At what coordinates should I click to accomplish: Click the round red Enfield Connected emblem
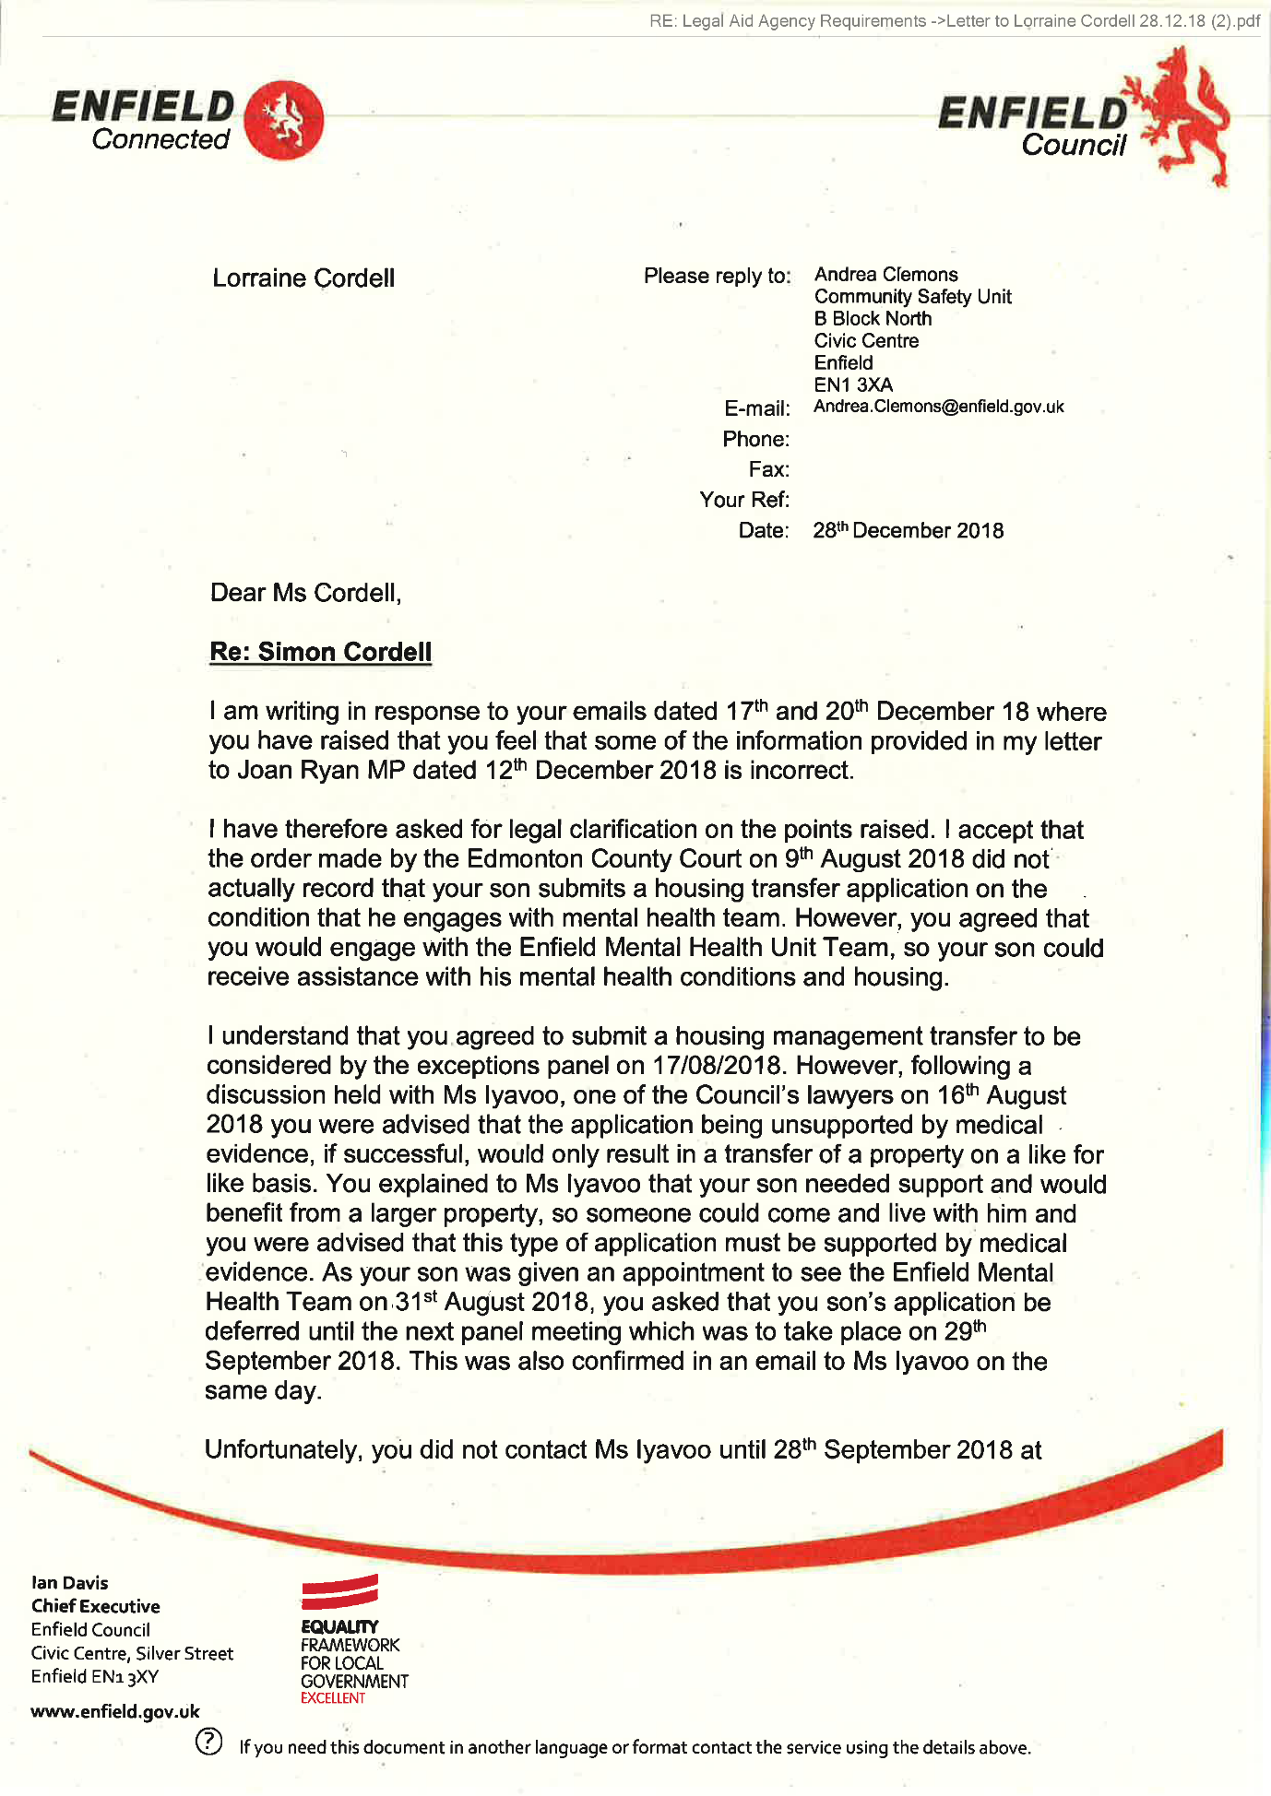coord(285,121)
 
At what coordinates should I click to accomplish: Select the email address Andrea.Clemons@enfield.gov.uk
coord(938,407)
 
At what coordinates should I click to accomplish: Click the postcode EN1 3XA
coord(853,384)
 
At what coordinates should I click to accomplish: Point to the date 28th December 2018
coord(908,530)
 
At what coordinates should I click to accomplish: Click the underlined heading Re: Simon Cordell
coord(320,652)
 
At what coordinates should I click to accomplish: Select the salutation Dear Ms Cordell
coord(305,593)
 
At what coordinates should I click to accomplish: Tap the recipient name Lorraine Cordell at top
coord(303,278)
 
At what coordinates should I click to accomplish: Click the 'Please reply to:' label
coord(717,276)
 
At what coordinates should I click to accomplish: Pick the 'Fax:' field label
coord(768,469)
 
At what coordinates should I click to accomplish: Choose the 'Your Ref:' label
coord(744,500)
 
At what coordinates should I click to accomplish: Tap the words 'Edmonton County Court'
coord(603,859)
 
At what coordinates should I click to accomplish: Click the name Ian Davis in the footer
coord(70,1583)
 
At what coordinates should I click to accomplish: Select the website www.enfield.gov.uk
coord(115,1712)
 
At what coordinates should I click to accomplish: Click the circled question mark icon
coord(209,1742)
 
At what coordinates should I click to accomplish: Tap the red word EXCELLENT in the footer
coord(333,1698)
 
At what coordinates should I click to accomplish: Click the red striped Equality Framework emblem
coord(340,1592)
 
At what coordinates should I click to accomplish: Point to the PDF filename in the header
coord(954,21)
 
